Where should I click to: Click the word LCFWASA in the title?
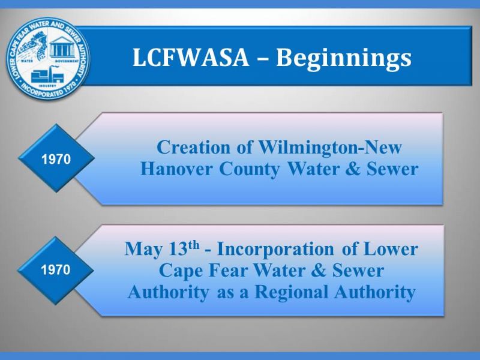click(190, 57)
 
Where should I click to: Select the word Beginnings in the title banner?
click(344, 58)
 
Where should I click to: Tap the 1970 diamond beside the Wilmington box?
click(56, 158)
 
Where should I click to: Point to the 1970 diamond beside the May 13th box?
click(56, 270)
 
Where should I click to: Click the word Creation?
click(193, 147)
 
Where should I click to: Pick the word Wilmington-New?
click(330, 148)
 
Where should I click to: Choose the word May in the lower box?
click(143, 250)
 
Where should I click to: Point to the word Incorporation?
click(275, 250)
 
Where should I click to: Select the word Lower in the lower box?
click(391, 248)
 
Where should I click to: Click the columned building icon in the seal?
click(62, 47)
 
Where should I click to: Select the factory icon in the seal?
click(47, 74)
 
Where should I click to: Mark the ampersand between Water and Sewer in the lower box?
click(319, 271)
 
